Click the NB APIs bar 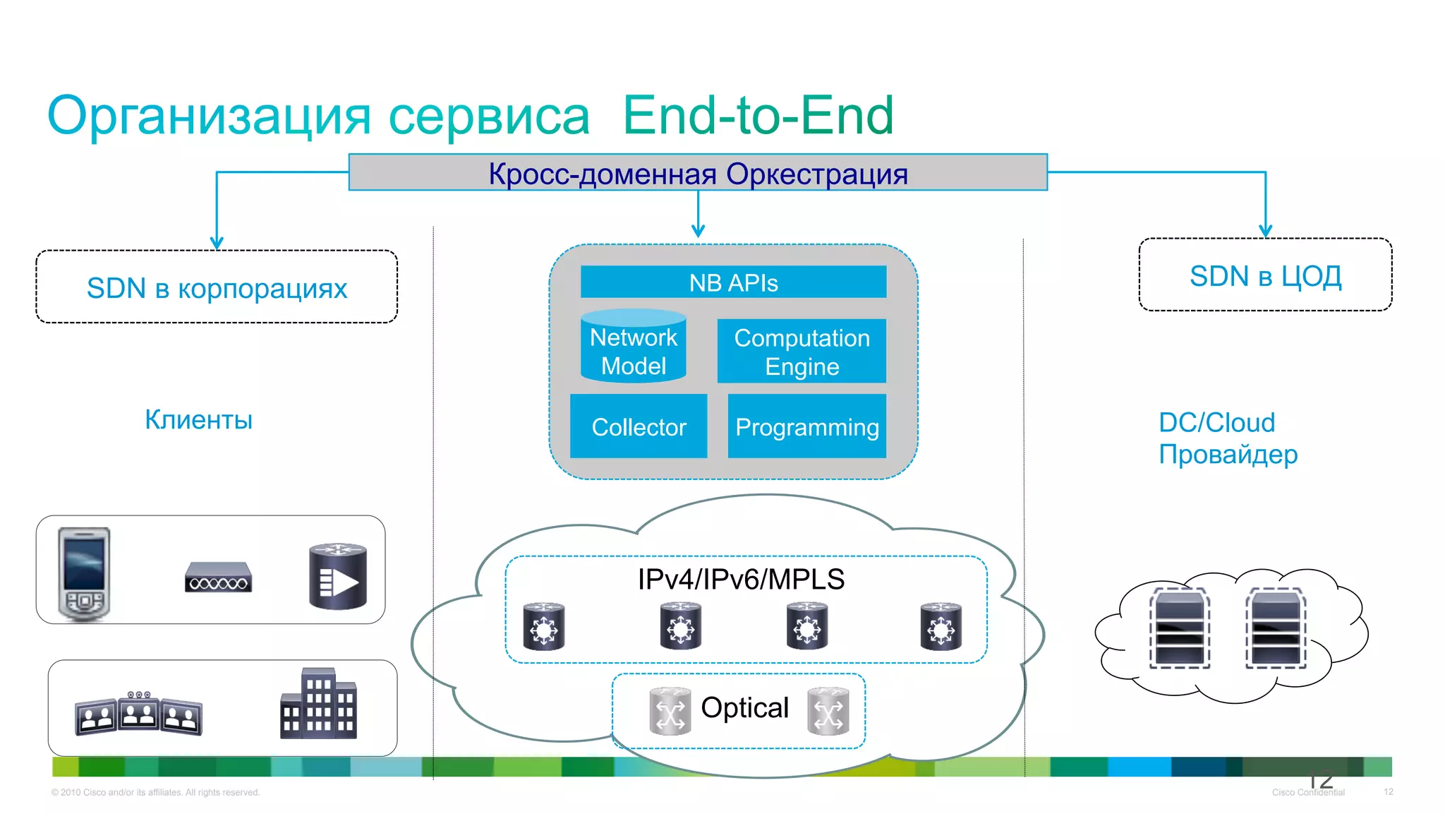(x=733, y=282)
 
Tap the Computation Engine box (x=802, y=352)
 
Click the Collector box (x=639, y=426)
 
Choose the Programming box (x=806, y=426)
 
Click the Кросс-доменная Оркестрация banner (x=698, y=173)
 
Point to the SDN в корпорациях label (x=217, y=288)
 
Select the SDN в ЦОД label (x=1265, y=276)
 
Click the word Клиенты (x=198, y=419)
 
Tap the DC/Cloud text (x=1216, y=422)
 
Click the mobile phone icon (x=84, y=573)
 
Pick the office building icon (x=318, y=703)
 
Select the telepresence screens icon (x=138, y=713)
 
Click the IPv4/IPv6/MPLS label (x=741, y=579)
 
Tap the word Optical (x=744, y=707)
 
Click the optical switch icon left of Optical (x=670, y=711)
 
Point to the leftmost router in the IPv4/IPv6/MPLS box (x=543, y=626)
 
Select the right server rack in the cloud (x=1275, y=628)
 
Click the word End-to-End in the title (x=758, y=115)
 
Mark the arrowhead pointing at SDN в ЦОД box (x=1265, y=231)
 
